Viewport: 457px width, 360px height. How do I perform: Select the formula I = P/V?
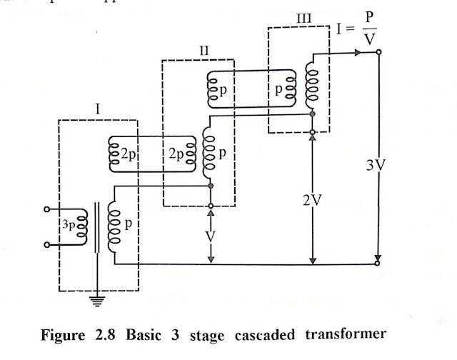pyautogui.click(x=359, y=29)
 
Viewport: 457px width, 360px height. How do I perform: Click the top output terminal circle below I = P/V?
pyautogui.click(x=378, y=52)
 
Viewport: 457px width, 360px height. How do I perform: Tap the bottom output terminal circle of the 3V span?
pyautogui.click(x=378, y=264)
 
